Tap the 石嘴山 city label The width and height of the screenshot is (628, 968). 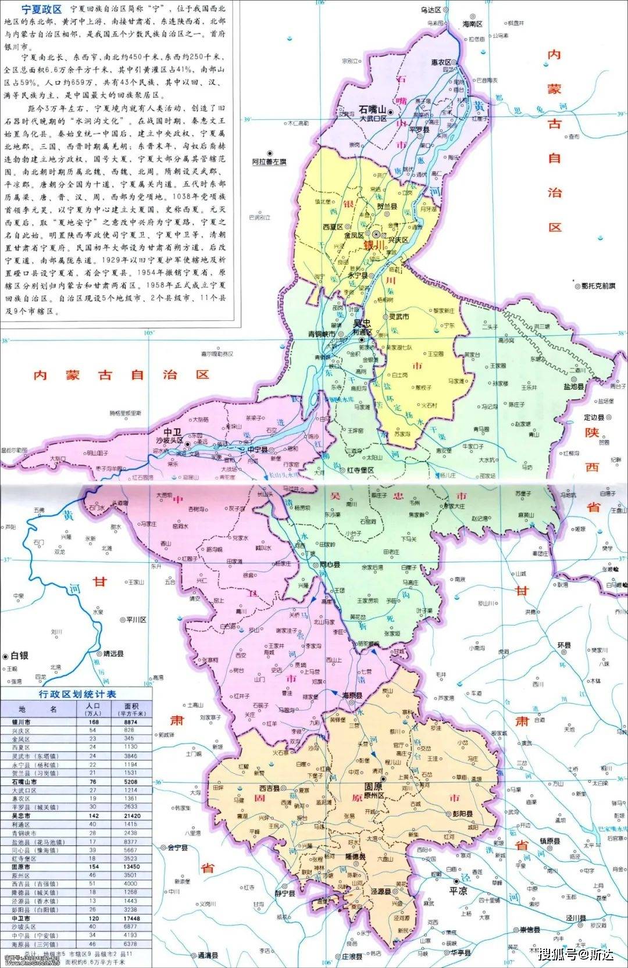(x=372, y=109)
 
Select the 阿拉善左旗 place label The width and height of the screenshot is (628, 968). (x=269, y=162)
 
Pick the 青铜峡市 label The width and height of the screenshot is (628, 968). (x=321, y=334)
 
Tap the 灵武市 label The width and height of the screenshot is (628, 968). (x=399, y=317)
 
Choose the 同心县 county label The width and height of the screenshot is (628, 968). (x=330, y=565)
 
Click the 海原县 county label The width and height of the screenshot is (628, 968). (x=352, y=695)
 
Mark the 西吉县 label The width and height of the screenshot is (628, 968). (x=269, y=789)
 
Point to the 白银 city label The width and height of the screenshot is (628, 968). (x=19, y=655)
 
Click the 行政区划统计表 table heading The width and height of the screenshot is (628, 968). (x=77, y=694)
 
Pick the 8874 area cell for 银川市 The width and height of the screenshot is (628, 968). (x=130, y=721)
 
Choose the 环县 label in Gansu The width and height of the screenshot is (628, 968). (x=564, y=645)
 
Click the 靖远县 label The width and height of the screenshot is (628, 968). (x=113, y=653)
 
